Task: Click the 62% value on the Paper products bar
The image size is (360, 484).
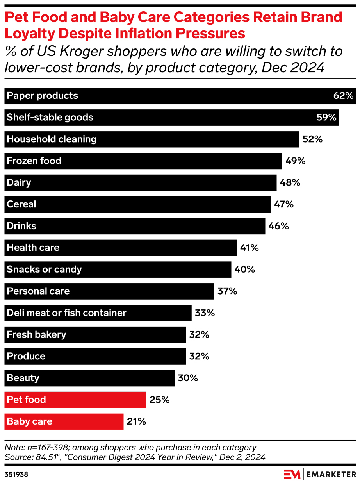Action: click(x=343, y=96)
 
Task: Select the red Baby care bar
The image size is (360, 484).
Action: click(x=64, y=422)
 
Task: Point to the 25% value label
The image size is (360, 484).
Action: click(x=159, y=400)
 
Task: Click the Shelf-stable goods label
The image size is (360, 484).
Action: click(x=50, y=118)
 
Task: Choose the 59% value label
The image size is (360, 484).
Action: click(x=326, y=118)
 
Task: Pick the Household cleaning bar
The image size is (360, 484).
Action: click(x=152, y=139)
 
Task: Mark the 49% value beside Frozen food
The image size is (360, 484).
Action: click(x=295, y=161)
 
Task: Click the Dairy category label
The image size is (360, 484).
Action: click(x=19, y=183)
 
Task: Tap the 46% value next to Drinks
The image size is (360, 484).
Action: click(x=278, y=226)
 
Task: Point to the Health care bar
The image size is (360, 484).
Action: click(x=121, y=248)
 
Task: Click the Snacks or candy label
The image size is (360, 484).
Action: click(x=44, y=270)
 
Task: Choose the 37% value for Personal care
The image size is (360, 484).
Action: click(x=227, y=291)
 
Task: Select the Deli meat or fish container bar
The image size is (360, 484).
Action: click(x=98, y=313)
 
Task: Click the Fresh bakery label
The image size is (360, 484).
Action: click(x=37, y=335)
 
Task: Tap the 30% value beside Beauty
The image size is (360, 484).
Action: click(x=187, y=378)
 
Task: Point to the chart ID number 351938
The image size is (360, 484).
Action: click(x=17, y=475)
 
